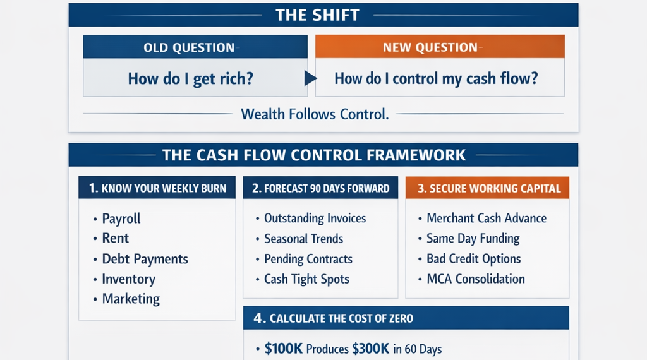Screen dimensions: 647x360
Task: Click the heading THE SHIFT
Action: [x=317, y=15]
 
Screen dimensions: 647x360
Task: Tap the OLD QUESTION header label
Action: [x=189, y=47]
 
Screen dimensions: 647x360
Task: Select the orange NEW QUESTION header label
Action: [x=430, y=47]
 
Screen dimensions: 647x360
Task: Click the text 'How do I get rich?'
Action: [x=190, y=78]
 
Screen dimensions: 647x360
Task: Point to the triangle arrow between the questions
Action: [x=310, y=78]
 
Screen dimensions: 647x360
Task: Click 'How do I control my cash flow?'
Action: [x=436, y=78]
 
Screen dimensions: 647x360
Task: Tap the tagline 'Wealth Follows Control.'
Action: [x=315, y=114]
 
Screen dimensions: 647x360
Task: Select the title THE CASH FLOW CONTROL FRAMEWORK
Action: [x=314, y=155]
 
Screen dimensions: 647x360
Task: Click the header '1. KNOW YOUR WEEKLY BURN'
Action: [x=157, y=188]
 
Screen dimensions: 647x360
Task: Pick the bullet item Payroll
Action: [x=121, y=219]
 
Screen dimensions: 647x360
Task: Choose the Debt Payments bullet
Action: [x=145, y=259]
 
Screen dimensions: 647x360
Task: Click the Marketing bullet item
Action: [x=131, y=299]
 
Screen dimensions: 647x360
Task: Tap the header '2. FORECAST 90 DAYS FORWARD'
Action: [x=320, y=188]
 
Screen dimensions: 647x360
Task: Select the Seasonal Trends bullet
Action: [x=304, y=239]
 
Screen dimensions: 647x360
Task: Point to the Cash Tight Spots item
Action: [x=306, y=279]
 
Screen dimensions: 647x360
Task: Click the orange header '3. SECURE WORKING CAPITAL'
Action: [x=489, y=188]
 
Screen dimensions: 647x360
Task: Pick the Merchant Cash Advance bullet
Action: [x=487, y=218]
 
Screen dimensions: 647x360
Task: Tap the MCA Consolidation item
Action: [x=476, y=279]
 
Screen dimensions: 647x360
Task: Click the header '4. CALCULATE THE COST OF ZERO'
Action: [x=333, y=318]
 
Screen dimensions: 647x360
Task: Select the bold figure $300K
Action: [x=370, y=349]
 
